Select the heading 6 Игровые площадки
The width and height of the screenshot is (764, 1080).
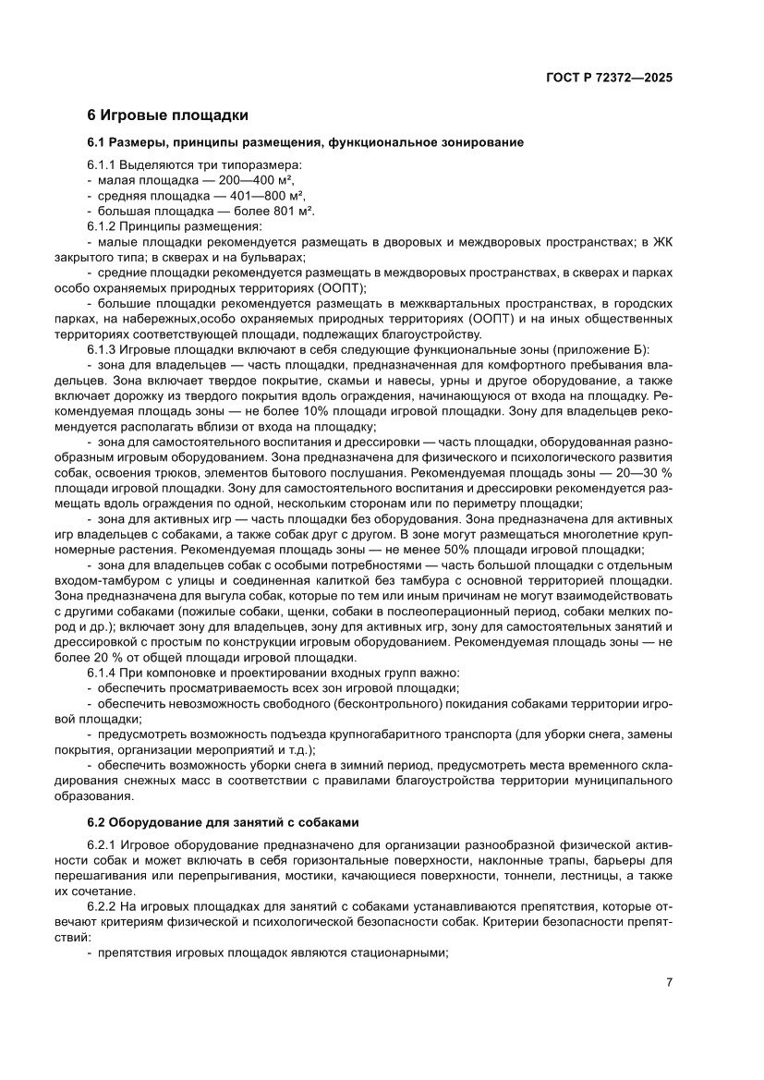(166, 115)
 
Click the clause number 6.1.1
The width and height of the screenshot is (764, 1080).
(103, 164)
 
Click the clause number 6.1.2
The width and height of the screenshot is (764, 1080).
(103, 226)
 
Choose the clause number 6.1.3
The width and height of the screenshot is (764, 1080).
(103, 349)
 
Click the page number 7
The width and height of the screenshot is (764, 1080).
(668, 982)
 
